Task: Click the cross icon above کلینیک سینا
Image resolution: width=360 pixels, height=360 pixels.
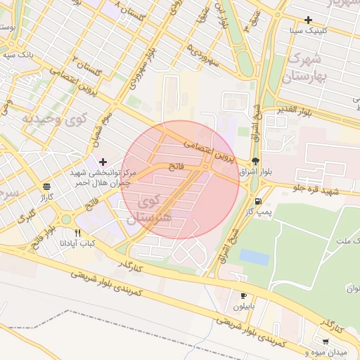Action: coord(308,20)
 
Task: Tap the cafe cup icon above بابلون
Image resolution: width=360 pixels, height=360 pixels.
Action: coord(243,296)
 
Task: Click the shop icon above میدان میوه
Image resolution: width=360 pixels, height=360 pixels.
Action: coord(325,341)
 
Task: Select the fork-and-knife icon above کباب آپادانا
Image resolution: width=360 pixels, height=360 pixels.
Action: coord(77,233)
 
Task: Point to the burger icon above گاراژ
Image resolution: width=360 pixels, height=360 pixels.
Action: coord(46,186)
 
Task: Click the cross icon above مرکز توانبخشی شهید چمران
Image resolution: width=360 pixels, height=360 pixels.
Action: coord(103,162)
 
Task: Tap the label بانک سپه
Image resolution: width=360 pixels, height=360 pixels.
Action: coord(18,54)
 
